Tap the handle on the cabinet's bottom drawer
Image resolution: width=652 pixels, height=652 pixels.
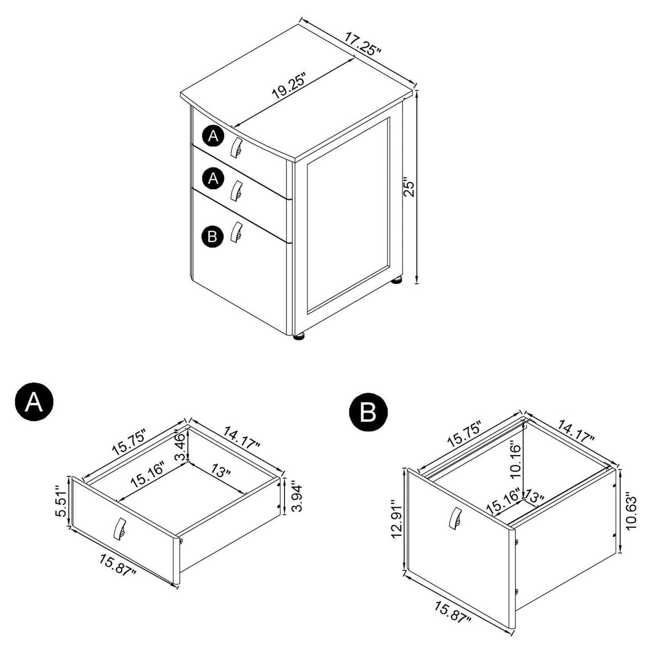click(236, 231)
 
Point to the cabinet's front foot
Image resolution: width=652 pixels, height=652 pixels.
click(298, 337)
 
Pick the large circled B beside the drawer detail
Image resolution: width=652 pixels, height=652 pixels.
click(368, 412)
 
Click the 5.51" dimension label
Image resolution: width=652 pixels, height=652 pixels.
click(60, 501)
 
